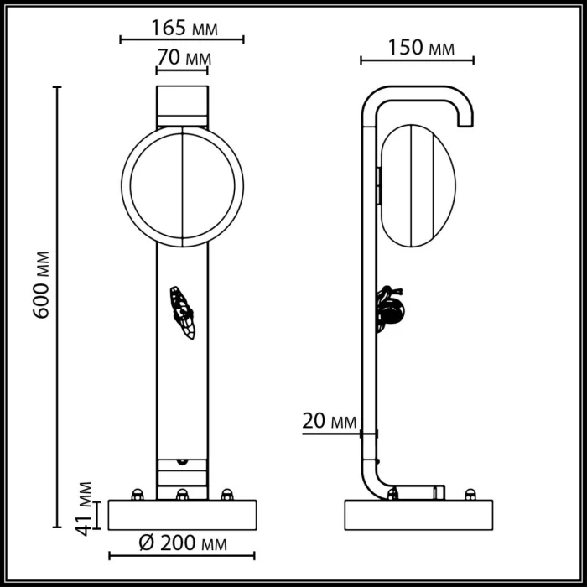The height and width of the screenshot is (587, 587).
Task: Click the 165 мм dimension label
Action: coord(182,27)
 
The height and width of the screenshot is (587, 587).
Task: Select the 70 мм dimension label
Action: coord(182,59)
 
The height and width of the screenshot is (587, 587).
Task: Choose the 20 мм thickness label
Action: coord(330,421)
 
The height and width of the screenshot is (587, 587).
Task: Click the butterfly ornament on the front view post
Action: coord(183,312)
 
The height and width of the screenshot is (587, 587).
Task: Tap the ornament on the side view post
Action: coord(390,308)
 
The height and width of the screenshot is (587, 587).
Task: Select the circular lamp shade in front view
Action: coord(182,184)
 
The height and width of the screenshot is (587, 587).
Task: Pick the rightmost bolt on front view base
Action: coord(226,494)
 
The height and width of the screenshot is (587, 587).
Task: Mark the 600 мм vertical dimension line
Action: coord(59,306)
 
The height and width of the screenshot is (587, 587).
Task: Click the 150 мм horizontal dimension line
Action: coord(417,60)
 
